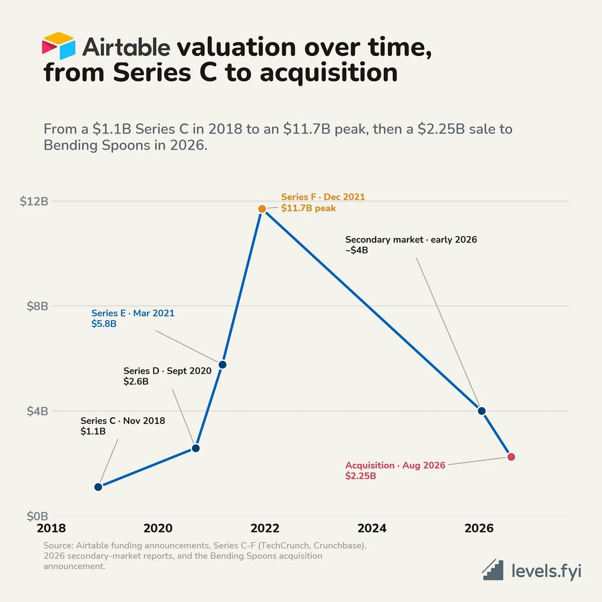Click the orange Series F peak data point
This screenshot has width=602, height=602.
point(262,209)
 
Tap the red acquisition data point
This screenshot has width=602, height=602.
point(511,457)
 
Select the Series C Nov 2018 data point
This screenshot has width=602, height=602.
point(98,487)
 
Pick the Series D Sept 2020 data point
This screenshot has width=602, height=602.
point(196,448)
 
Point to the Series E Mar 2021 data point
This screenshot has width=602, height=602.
point(222,365)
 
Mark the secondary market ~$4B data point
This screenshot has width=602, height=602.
point(482,411)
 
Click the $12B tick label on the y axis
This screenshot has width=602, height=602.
point(34,201)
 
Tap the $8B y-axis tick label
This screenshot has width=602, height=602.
point(38,306)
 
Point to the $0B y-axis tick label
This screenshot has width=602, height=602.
point(38,516)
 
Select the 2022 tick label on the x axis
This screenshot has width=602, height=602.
point(265,528)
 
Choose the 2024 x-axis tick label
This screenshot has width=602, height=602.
point(372,528)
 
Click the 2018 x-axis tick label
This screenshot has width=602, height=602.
point(51,528)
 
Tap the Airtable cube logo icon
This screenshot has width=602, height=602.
point(59,45)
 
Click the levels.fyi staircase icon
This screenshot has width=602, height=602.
point(493,570)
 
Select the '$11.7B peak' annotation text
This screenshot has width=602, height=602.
point(308,208)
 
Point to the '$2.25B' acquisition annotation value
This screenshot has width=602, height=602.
point(361,476)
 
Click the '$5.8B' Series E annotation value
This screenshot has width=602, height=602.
point(104,324)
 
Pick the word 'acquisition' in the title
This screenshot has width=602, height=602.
point(329,73)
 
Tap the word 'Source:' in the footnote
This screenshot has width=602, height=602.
point(58,546)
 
